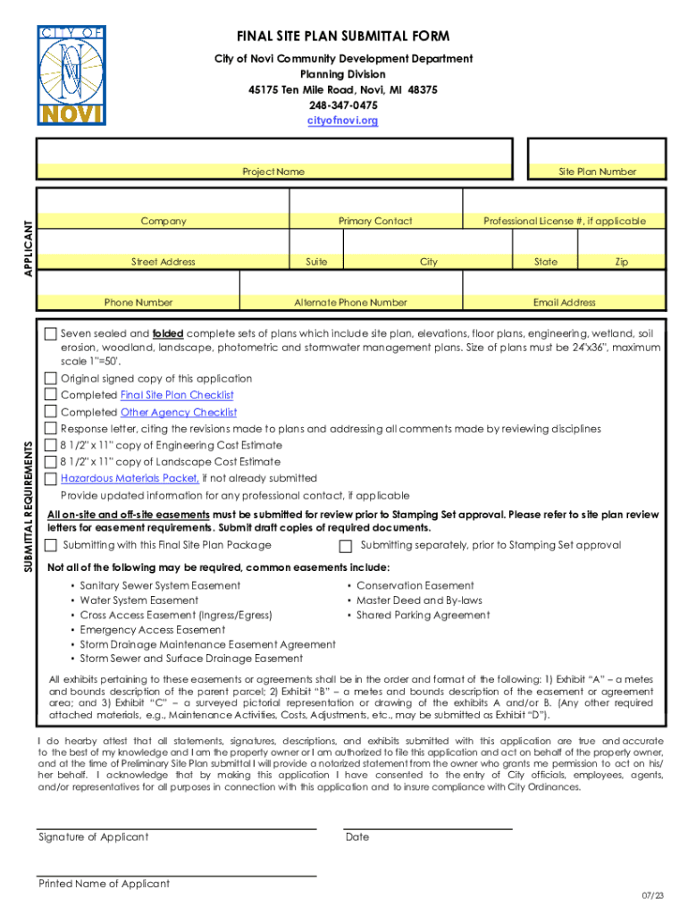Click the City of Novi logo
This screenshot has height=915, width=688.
coord(71,76)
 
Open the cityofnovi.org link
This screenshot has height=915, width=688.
coord(343,120)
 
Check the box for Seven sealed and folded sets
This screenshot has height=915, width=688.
coord(51,334)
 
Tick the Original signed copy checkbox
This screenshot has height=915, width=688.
coord(51,378)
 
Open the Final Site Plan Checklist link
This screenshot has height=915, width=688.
coord(177,395)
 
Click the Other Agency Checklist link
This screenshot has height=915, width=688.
coord(179,412)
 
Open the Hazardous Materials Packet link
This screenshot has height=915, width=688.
coord(122,478)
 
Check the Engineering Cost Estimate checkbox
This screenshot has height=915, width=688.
coord(51,445)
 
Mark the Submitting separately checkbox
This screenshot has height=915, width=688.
coord(346,546)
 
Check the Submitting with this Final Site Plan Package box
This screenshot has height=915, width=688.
coord(51,546)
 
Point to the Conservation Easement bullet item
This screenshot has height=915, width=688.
coord(415,586)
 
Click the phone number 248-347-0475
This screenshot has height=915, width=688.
coord(343,105)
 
